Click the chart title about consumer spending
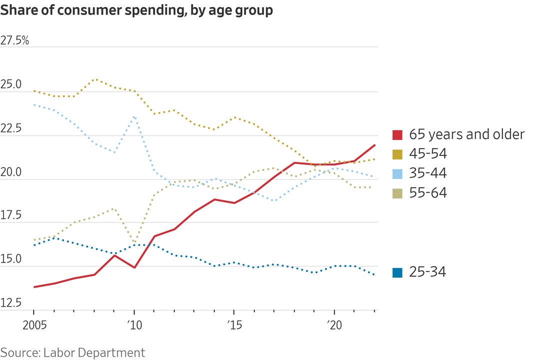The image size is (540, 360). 136,10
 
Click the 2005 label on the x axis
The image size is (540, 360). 34,323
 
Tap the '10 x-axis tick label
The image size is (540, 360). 134,323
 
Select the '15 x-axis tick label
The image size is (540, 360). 234,323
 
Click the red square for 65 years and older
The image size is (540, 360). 398,134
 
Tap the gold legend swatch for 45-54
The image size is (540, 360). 398,154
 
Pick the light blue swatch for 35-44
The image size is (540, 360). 398,173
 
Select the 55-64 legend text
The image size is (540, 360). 428,192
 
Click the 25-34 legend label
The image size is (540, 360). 427,272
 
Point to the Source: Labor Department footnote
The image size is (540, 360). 72,352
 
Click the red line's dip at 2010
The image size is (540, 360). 134,267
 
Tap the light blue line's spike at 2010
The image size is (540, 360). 134,116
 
